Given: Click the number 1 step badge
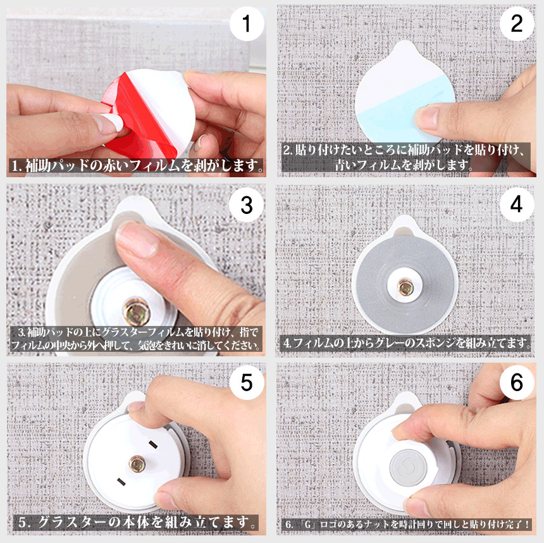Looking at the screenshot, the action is pos(247,23).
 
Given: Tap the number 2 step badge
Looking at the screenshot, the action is pos(517,23).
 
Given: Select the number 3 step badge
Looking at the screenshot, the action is pos(247,205).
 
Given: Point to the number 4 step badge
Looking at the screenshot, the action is pos(517,204).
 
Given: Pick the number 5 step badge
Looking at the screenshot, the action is pos(247,383).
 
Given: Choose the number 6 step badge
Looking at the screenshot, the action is pos(517,383).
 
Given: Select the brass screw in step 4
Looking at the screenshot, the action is pos(405,287).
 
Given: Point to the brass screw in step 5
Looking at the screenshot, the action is pos(137,464).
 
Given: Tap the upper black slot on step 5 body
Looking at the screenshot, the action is pos(153,444).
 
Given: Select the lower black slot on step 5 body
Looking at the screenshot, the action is pos(121,482).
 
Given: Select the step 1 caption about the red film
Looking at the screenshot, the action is pos(137,166).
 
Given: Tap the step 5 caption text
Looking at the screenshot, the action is pos(137,522).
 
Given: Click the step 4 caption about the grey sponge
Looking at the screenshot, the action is pos(407,343).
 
